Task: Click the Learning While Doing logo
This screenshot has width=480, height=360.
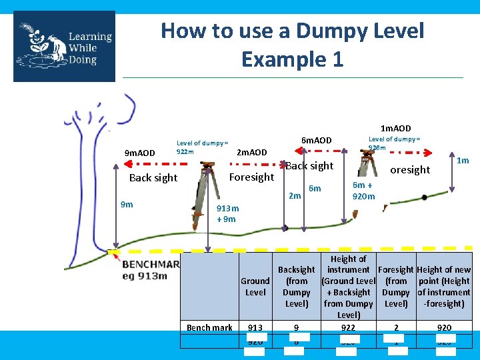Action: point(64,46)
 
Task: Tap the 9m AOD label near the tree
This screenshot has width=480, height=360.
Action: point(140,153)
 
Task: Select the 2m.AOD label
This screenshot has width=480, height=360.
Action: point(252,153)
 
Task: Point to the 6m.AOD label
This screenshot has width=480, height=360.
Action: point(316,141)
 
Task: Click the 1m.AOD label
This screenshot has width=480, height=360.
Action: point(395,128)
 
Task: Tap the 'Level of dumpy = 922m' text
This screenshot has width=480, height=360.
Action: point(202,147)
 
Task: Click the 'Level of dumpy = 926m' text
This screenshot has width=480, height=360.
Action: point(395,143)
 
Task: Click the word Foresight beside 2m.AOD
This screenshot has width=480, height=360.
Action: point(251,177)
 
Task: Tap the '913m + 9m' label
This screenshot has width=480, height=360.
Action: point(227,213)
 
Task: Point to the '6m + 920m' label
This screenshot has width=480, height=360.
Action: point(364,191)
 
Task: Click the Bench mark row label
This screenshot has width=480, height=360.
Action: point(209,327)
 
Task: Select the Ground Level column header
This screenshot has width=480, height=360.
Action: point(255,287)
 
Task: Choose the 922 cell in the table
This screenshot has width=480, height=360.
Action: point(348,327)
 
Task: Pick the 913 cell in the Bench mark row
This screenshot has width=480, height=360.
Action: point(255,327)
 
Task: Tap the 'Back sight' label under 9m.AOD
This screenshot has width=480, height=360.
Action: point(153,177)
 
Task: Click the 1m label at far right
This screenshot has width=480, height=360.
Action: point(463,160)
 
